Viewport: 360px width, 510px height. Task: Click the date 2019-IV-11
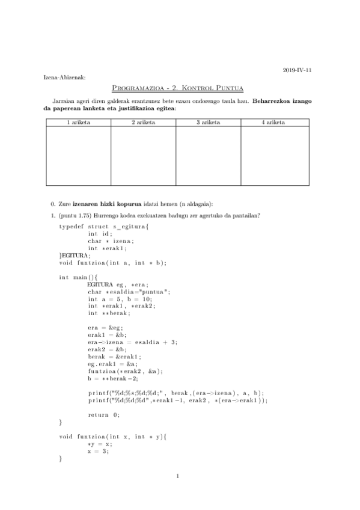297,70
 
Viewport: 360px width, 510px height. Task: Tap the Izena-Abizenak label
64,78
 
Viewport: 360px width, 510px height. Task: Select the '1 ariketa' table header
78,122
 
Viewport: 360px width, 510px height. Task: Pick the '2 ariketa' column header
143,122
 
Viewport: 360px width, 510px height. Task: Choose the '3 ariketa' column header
208,122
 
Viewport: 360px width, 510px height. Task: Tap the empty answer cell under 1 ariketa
78,155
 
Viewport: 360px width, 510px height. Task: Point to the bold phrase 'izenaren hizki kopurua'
107,204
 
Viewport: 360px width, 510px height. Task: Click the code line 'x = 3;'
98,451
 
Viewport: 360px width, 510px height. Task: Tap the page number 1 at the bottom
178,477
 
